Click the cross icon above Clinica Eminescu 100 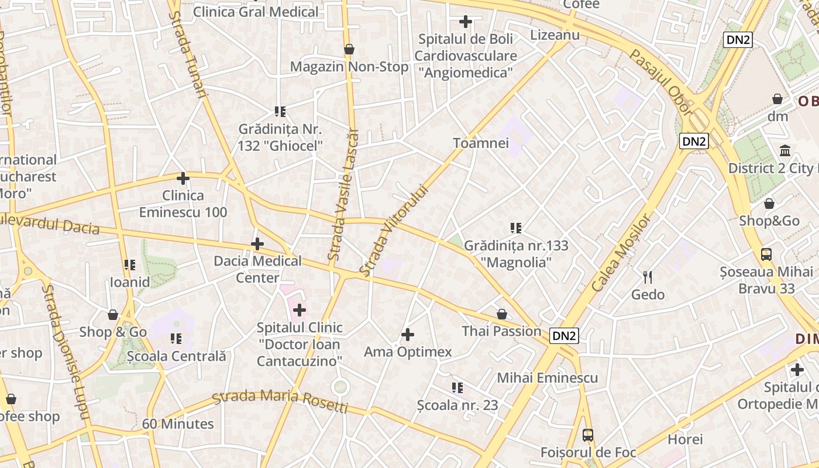coord(183,178)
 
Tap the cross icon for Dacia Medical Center coord(257,244)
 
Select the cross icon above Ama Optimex coord(408,335)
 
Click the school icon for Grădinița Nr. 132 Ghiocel coord(280,111)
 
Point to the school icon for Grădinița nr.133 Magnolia coord(515,228)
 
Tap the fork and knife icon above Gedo coord(648,277)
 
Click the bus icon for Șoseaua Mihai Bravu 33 coord(766,254)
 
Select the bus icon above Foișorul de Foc coord(588,435)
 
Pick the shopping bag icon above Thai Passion coord(501,314)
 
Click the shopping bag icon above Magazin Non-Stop coord(349,49)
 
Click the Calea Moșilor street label coord(621,253)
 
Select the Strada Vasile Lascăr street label coord(343,194)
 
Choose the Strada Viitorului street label coord(394,230)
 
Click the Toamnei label coord(481,143)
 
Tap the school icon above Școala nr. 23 coord(457,387)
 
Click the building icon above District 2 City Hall coord(785,151)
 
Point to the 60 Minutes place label coord(178,424)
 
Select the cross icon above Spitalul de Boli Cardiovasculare coord(466,22)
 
